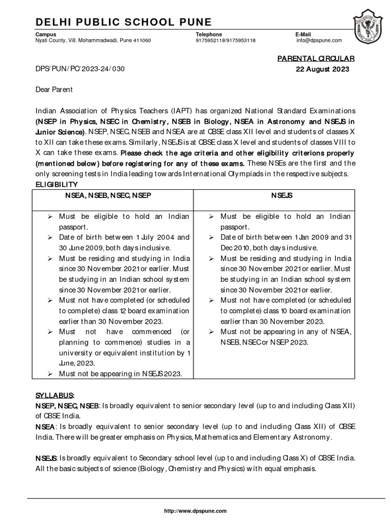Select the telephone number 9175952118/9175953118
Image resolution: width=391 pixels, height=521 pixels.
[x=226, y=40]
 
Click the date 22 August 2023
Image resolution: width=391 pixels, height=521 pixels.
[x=322, y=70]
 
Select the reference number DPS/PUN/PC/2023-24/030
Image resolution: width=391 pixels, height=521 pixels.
[x=79, y=70]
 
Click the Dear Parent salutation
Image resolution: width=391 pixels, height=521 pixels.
[x=54, y=90]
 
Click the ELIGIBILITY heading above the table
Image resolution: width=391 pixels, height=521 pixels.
[x=56, y=184]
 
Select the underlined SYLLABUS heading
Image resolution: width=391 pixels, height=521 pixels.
[x=54, y=395]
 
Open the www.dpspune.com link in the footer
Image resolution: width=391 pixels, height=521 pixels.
[x=195, y=510]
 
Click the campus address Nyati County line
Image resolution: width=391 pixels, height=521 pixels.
[x=93, y=40]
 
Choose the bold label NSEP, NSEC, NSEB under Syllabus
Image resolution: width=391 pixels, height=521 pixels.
[x=67, y=406]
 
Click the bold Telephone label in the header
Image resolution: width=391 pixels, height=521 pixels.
[x=209, y=34]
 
